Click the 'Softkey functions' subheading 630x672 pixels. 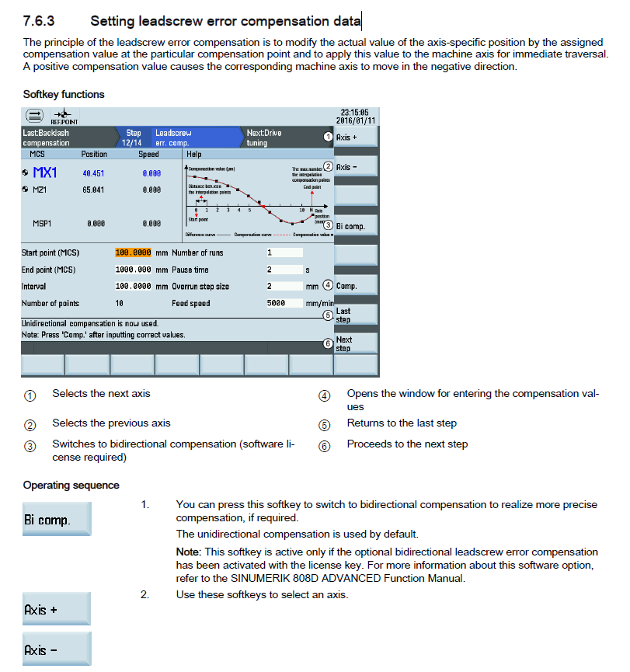coord(64,95)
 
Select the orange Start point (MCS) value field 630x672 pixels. coord(133,252)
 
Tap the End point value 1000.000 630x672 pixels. coord(133,270)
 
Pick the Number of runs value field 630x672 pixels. coord(283,252)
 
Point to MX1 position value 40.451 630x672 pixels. coord(93,173)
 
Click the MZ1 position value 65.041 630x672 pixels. coord(93,189)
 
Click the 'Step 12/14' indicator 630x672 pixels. coord(134,138)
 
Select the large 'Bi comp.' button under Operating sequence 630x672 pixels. coord(57,519)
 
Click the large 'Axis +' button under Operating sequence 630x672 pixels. coord(57,610)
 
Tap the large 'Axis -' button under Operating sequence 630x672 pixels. coord(57,649)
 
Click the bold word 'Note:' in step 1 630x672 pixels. coord(190,552)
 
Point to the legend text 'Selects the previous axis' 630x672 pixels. coord(111,423)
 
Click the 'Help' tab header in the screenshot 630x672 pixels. coord(194,154)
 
